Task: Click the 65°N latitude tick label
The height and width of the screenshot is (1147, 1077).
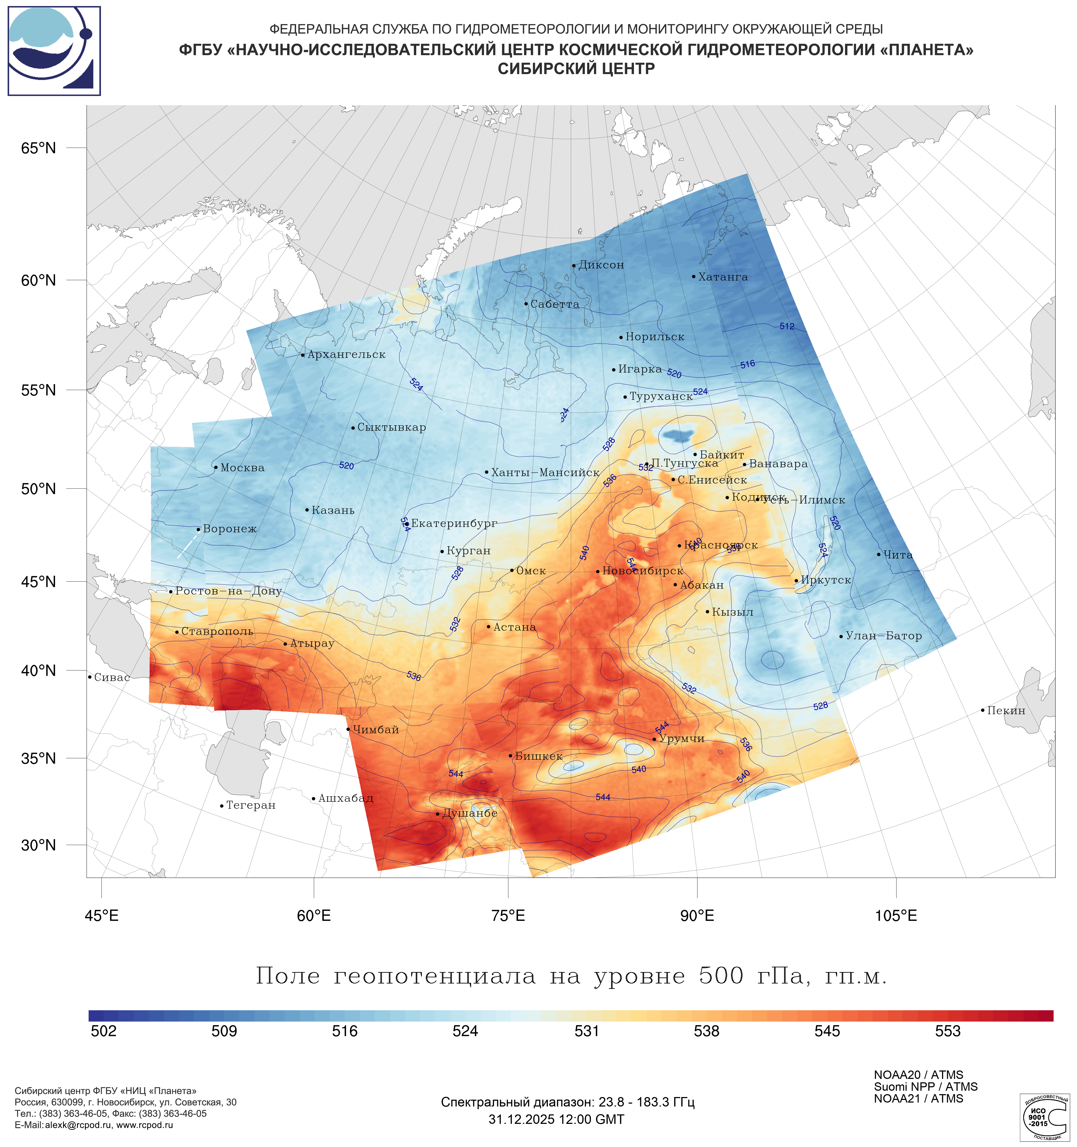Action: (39, 148)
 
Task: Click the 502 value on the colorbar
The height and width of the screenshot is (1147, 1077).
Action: (104, 1031)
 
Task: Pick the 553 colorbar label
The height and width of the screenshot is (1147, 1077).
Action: (948, 1031)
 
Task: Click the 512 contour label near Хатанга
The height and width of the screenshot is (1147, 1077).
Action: (787, 327)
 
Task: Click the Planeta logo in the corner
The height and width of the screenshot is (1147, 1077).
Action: (54, 51)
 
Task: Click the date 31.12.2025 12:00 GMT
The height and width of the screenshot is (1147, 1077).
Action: (556, 1119)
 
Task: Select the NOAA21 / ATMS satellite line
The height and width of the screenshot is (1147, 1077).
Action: (918, 1099)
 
